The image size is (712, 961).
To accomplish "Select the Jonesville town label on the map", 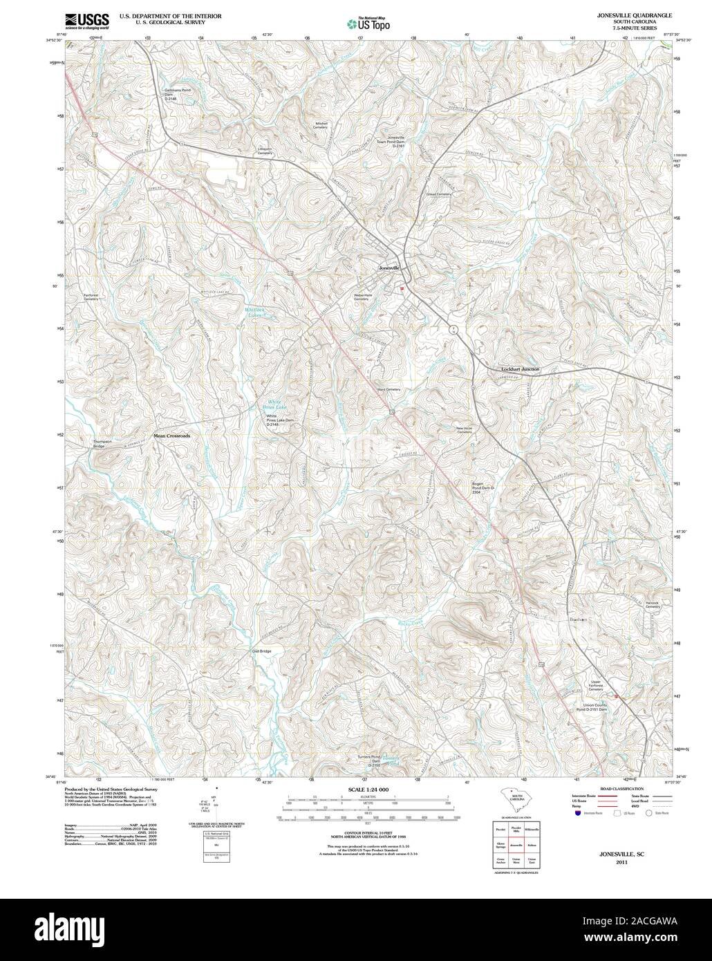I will click(390, 268).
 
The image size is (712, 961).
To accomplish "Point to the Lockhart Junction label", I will click(520, 370).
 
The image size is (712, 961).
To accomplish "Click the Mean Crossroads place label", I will click(171, 436).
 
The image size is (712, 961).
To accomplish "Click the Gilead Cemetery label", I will click(438, 194).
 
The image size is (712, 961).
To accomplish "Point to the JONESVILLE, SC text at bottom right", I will click(621, 855).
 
